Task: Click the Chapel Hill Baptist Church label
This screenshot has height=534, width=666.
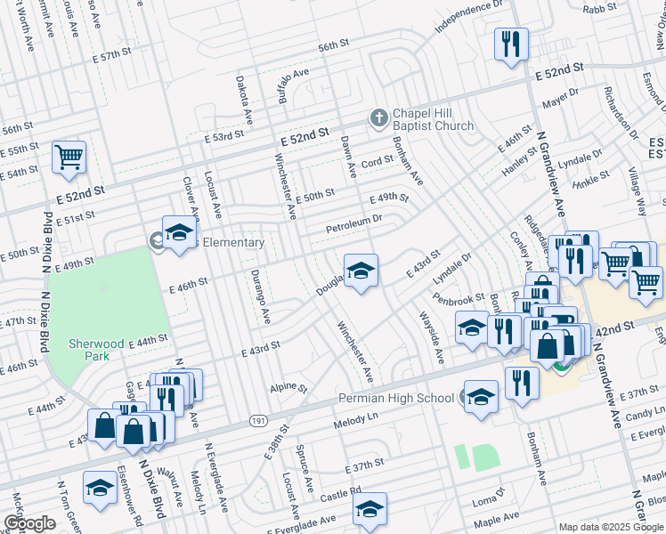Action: [x=432, y=118]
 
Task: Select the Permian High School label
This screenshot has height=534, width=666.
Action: [x=395, y=398]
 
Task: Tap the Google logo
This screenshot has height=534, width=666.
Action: [x=29, y=523]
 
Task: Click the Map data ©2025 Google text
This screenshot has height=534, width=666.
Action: [x=611, y=527]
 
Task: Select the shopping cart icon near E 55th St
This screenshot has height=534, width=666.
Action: [x=69, y=158]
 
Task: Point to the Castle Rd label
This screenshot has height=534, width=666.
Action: [x=341, y=491]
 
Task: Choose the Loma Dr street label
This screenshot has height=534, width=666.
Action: [x=487, y=490]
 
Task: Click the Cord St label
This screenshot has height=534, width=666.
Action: [x=377, y=161]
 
